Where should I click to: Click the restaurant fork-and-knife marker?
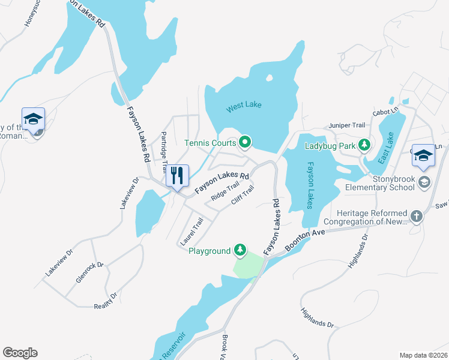pyautogui.click(x=177, y=176)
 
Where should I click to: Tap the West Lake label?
pyautogui.click(x=244, y=107)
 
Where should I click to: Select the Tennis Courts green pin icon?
pyautogui.click(x=245, y=142)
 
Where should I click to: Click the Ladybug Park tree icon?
pyautogui.click(x=364, y=145)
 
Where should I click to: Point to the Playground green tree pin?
pyautogui.click(x=240, y=250)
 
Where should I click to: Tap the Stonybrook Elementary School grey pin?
pyautogui.click(x=424, y=181)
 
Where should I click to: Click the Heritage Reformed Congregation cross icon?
pyautogui.click(x=417, y=215)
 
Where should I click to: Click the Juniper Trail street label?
pyautogui.click(x=346, y=125)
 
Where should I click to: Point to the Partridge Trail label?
pyautogui.click(x=163, y=151)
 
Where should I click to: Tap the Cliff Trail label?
pyautogui.click(x=243, y=194)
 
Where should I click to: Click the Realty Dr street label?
pyautogui.click(x=106, y=300)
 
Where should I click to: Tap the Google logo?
pyautogui.click(x=20, y=353)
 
